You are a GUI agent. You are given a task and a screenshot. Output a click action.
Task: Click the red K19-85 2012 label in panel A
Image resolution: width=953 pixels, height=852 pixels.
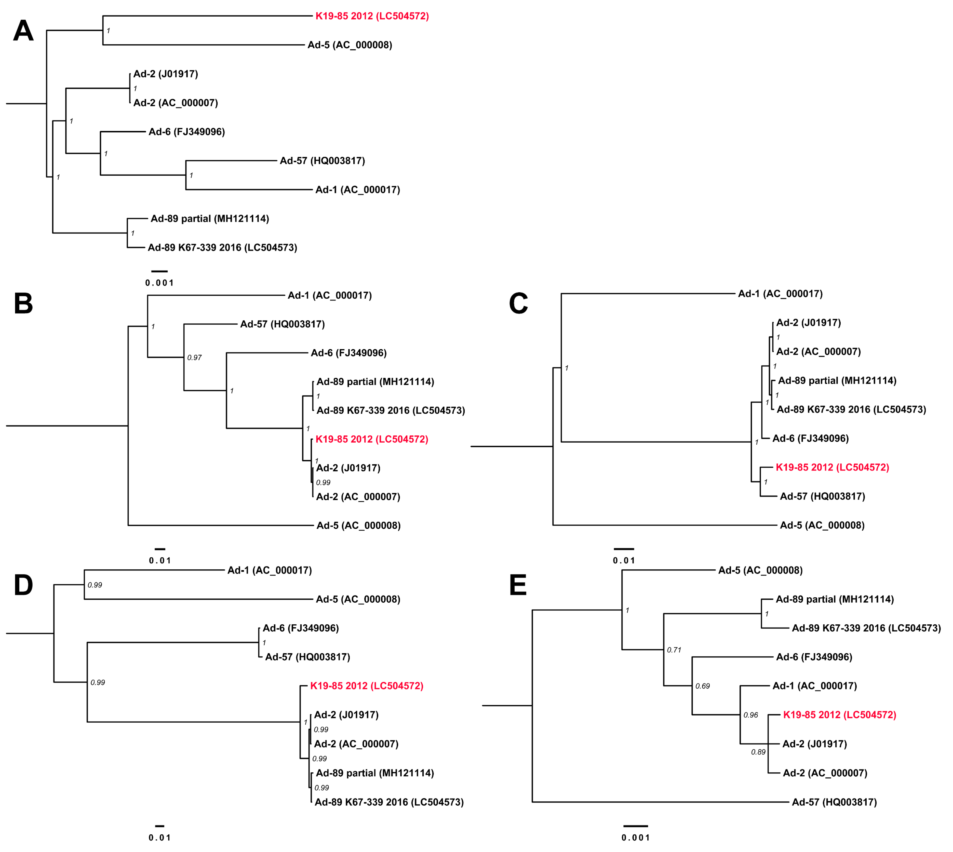click(372, 16)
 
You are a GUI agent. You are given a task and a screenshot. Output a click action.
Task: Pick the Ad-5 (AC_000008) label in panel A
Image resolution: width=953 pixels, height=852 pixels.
click(349, 45)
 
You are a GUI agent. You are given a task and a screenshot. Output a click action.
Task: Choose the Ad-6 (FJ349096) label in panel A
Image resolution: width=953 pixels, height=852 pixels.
click(186, 132)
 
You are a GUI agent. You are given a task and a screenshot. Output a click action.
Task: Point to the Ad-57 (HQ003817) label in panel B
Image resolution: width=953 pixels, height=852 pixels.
click(283, 324)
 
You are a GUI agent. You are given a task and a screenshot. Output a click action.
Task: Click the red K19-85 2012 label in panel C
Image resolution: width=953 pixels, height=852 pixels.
click(832, 467)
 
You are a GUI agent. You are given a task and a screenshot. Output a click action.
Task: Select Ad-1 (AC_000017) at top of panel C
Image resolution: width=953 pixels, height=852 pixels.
click(780, 294)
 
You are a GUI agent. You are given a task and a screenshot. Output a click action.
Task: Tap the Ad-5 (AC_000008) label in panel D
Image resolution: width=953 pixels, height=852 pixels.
click(358, 599)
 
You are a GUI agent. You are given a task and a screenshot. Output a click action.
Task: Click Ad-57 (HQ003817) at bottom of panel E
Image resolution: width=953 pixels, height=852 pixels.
click(834, 802)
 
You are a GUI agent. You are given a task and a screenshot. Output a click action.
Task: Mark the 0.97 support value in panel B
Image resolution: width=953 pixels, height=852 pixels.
click(194, 358)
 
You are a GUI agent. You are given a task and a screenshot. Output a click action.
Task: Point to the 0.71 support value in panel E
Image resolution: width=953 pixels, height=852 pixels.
click(674, 650)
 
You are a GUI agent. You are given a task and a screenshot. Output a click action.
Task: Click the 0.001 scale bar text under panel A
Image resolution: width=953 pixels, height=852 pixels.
click(159, 283)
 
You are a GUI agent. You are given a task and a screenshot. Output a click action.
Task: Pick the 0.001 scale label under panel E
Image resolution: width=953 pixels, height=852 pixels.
click(636, 837)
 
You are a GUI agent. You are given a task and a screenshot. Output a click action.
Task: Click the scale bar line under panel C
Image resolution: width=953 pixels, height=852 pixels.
click(624, 549)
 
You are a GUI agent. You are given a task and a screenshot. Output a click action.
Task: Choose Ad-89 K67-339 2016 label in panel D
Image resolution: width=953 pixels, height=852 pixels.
click(389, 802)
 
